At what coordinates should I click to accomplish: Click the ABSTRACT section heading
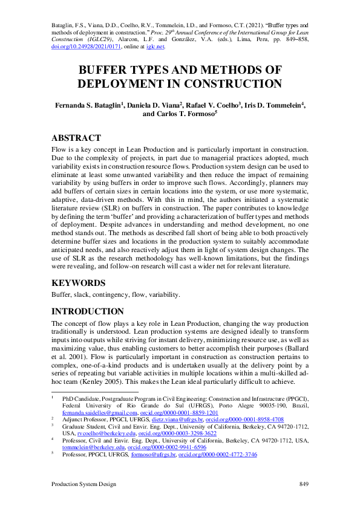pos(76,138)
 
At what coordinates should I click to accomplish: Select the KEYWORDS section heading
pos(77,282)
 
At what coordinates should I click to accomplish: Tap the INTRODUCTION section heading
pos(88,311)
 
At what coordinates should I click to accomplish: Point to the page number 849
pos(304,484)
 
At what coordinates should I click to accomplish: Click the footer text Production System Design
pos(83,484)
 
